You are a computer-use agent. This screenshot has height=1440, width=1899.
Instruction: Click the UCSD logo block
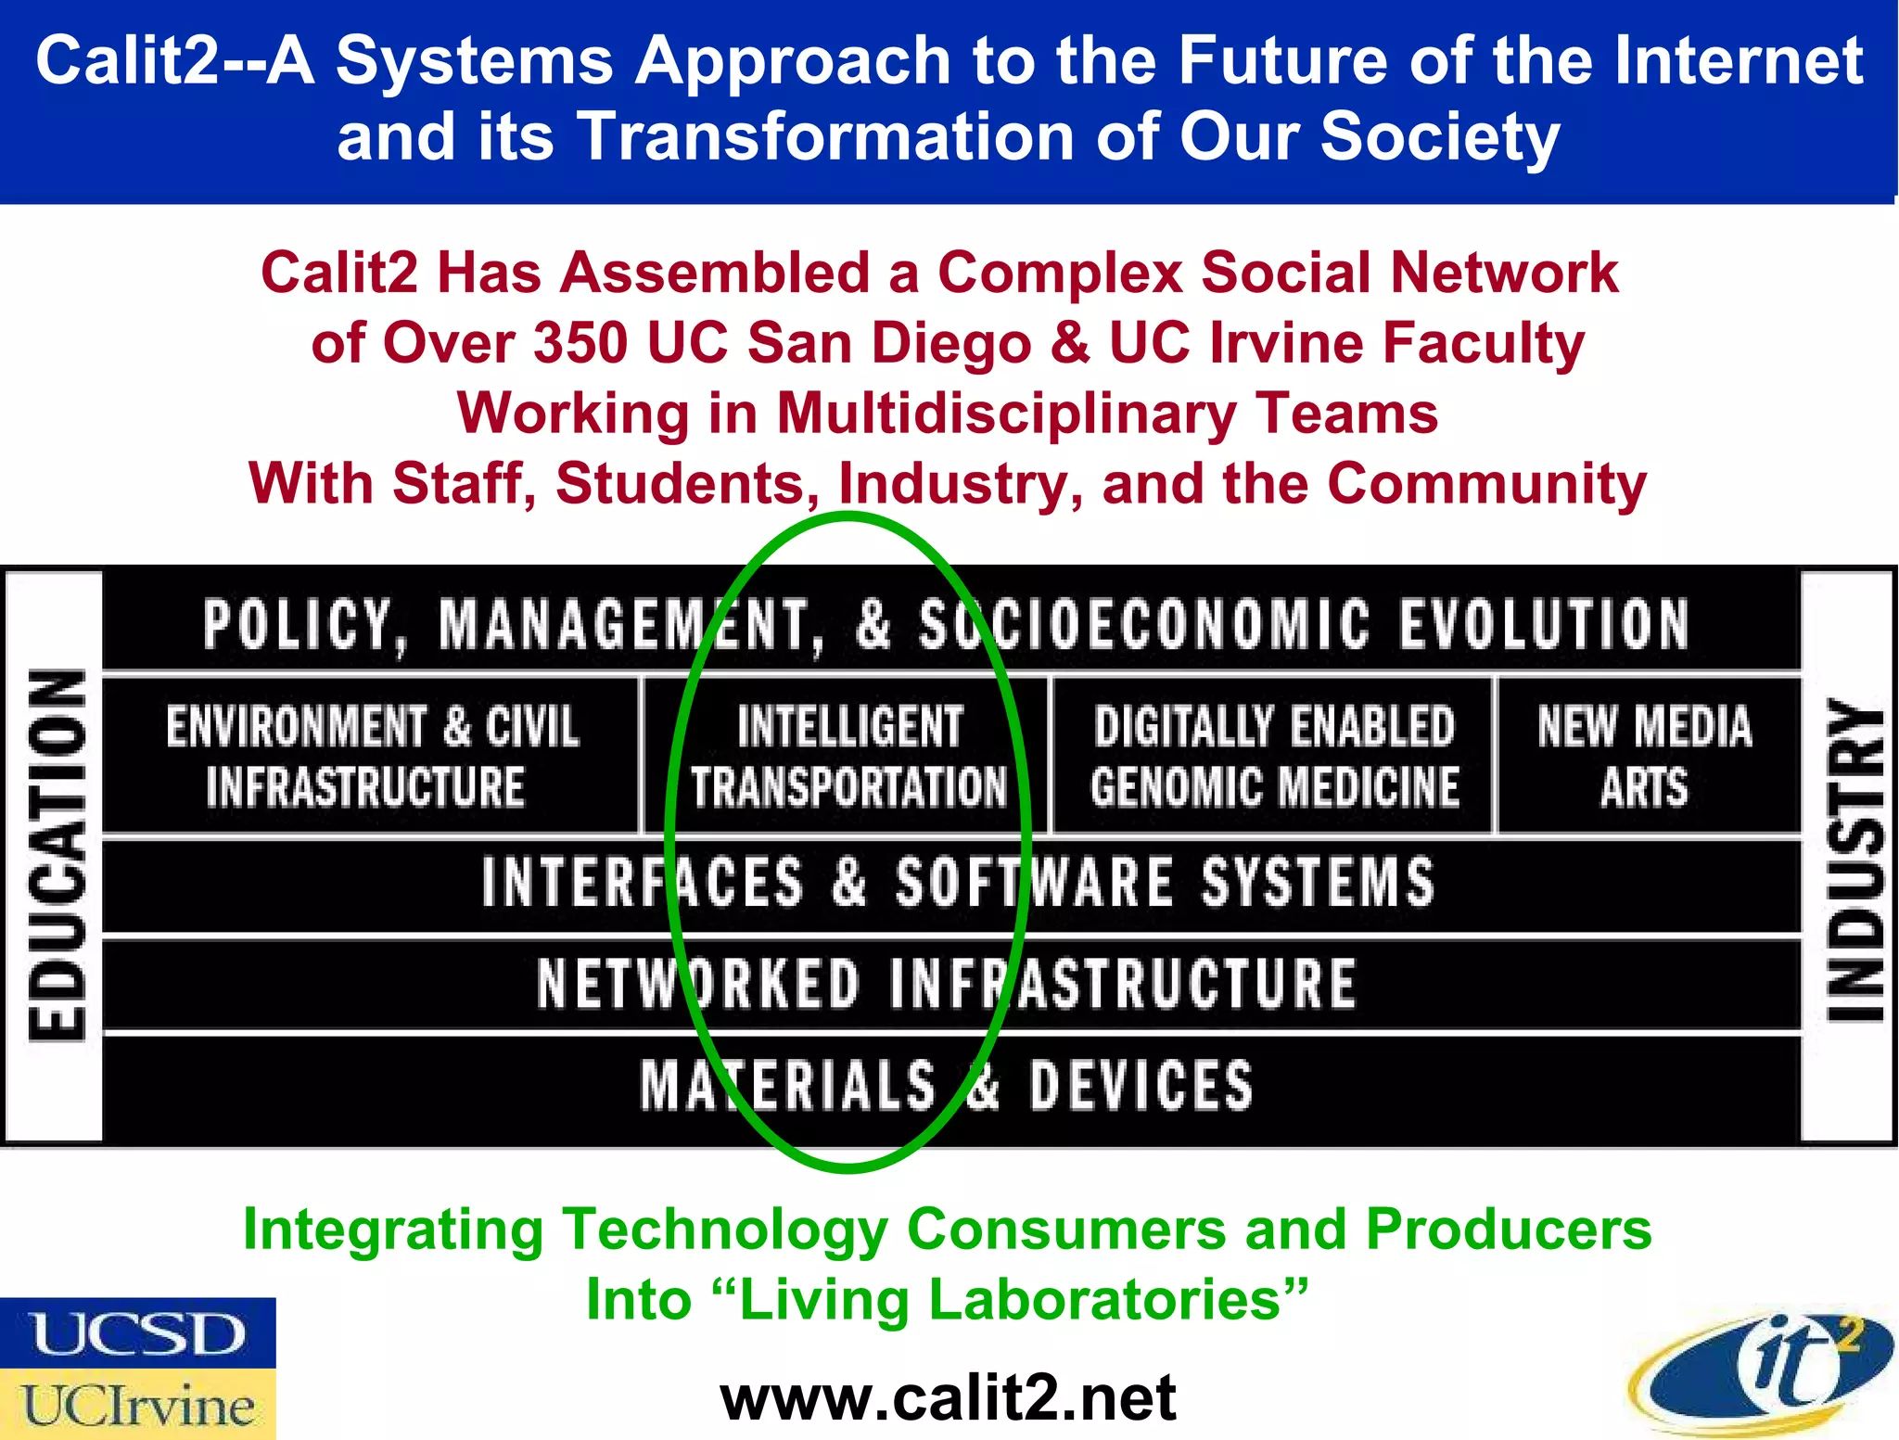[137, 1333]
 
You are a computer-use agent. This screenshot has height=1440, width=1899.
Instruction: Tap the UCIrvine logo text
[137, 1406]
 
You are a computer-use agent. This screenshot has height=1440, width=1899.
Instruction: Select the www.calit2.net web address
[948, 1398]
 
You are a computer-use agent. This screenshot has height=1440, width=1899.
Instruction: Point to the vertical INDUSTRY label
[1853, 859]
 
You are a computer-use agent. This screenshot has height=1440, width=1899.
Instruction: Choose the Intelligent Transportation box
[848, 757]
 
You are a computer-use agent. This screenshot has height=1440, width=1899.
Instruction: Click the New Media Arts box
[1645, 757]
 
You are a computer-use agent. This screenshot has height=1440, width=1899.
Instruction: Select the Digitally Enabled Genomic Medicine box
[1274, 757]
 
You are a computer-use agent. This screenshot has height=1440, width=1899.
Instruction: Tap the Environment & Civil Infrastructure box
[371, 757]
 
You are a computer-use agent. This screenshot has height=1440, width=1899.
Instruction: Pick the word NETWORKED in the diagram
[698, 984]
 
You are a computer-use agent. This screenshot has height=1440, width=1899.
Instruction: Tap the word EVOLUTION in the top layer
[1544, 623]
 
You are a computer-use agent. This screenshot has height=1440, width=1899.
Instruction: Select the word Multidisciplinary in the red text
[1007, 414]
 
